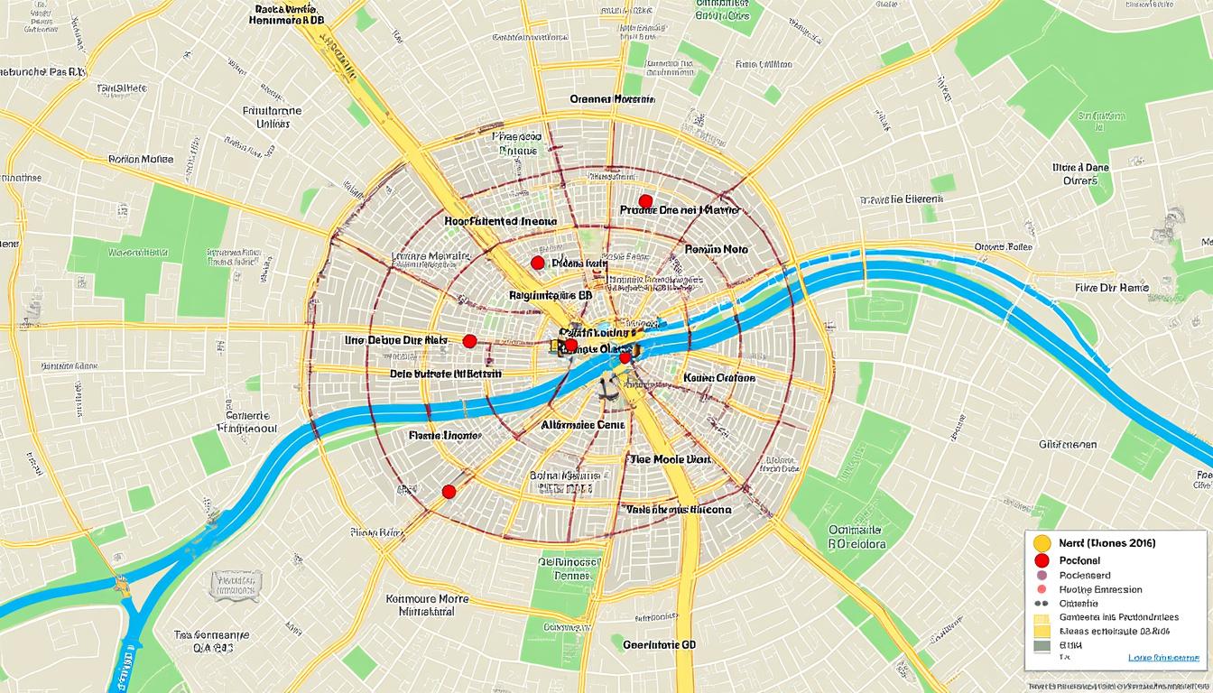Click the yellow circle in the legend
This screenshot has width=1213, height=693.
tap(1042, 543)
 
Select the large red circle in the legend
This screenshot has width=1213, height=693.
tap(1042, 560)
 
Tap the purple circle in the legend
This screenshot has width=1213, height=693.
tap(1042, 575)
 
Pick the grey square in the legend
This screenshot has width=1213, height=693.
tap(1042, 646)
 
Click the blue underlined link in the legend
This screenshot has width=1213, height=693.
tap(1163, 658)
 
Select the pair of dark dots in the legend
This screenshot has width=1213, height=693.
tap(1042, 604)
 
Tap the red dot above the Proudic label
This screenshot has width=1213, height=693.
tap(644, 200)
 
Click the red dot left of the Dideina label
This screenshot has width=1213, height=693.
tap(538, 263)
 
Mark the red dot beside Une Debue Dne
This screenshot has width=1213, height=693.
tap(469, 341)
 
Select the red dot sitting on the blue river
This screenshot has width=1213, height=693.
tap(625, 358)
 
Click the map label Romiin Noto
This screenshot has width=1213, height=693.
tap(717, 248)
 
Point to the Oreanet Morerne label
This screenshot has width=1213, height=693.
tap(612, 99)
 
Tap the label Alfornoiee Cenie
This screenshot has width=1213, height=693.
tap(582, 423)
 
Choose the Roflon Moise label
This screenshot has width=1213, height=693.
tap(141, 159)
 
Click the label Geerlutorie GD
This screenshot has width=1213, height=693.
tap(660, 645)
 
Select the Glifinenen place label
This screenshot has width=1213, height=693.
tap(1068, 444)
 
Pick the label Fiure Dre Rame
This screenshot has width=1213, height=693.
tap(1112, 288)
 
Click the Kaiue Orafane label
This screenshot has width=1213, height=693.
tap(719, 378)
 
